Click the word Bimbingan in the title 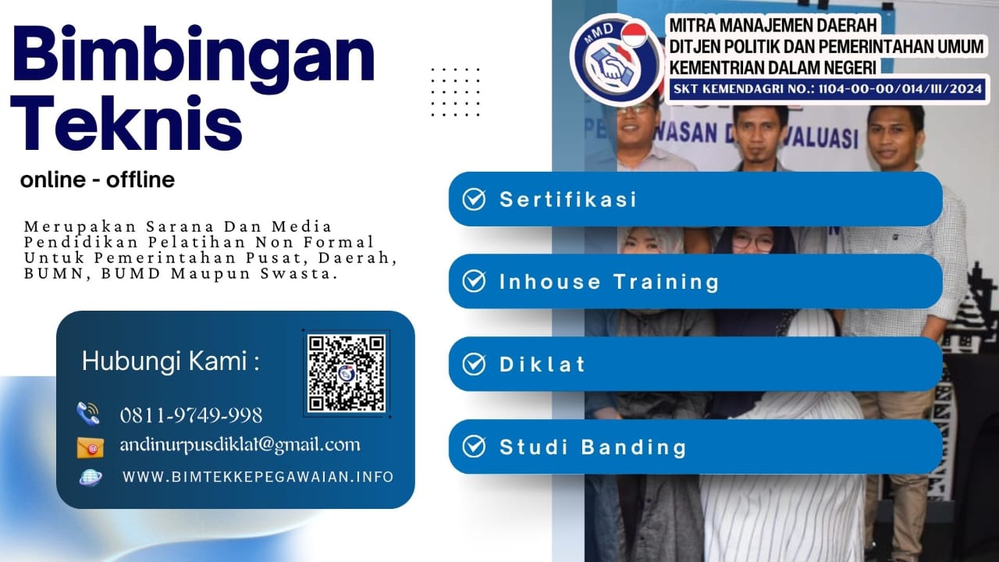click(194, 59)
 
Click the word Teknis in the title click(127, 125)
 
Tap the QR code click(347, 373)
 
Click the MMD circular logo click(616, 59)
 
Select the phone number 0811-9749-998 click(190, 414)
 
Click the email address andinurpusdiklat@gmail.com click(240, 445)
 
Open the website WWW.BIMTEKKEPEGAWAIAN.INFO click(258, 476)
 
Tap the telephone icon click(89, 413)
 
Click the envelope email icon click(90, 446)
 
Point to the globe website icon click(91, 477)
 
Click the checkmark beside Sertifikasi click(474, 199)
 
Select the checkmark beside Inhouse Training click(474, 281)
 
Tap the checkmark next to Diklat click(474, 364)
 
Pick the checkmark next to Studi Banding click(474, 446)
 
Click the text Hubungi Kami click(170, 361)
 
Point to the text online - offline click(98, 180)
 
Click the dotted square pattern click(456, 92)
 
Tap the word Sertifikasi click(568, 199)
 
